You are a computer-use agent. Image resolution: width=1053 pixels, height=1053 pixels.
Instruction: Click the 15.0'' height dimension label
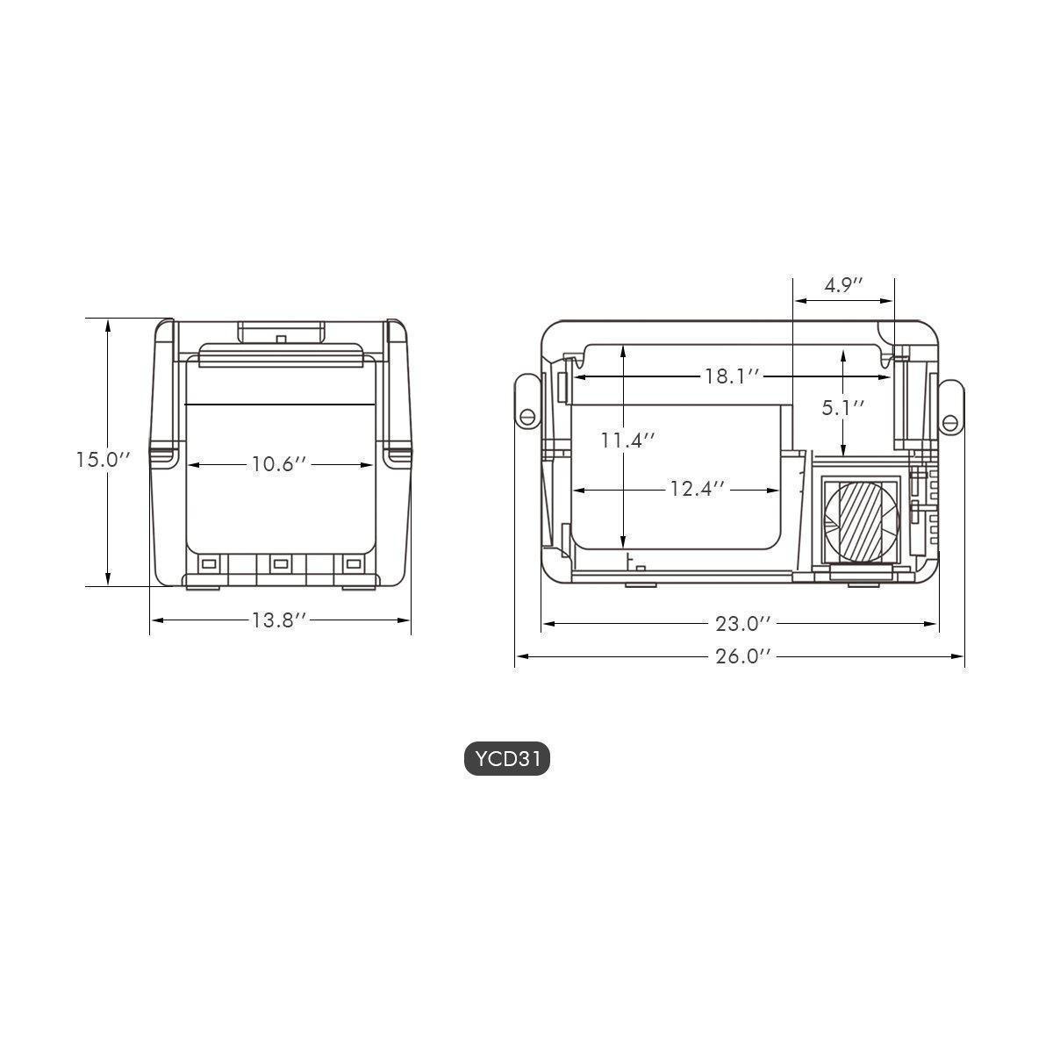pos(103,460)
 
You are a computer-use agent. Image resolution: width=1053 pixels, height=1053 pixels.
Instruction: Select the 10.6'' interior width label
pos(279,464)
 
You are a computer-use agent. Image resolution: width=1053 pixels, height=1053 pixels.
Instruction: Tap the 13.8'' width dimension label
pos(279,620)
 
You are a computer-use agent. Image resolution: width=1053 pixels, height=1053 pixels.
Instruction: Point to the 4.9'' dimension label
pos(843,286)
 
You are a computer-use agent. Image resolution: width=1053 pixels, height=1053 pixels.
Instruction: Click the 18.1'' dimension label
pos(731,376)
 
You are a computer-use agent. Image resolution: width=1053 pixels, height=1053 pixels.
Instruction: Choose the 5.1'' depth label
pos(843,407)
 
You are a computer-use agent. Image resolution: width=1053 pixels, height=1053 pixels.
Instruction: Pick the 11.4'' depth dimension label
pos(628,440)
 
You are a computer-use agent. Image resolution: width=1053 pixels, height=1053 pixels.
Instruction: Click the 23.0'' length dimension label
pos(742,624)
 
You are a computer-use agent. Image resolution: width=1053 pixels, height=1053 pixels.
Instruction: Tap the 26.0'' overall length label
pos(742,656)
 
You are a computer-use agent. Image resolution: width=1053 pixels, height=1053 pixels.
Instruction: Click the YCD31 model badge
pos(506,760)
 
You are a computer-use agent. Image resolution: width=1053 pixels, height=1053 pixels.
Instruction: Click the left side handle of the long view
pos(526,403)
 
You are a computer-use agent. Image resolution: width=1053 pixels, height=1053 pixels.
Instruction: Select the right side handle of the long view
pos(951,408)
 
